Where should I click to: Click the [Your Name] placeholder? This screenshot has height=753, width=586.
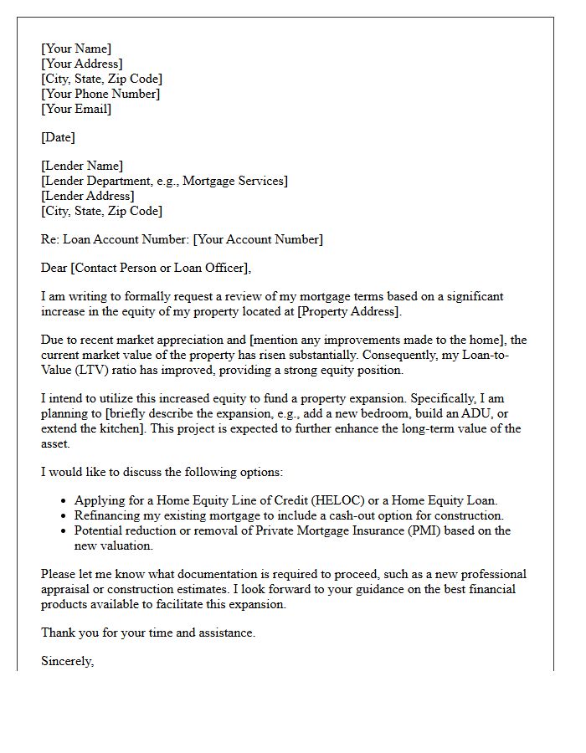tap(76, 49)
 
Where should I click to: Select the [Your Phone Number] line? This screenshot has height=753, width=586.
tap(100, 94)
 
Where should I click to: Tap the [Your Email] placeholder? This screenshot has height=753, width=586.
tap(76, 109)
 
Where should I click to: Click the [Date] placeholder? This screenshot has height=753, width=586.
tap(58, 137)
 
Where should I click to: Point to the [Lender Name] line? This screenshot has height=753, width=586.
tap(82, 166)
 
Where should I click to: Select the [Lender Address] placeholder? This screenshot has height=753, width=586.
tap(88, 196)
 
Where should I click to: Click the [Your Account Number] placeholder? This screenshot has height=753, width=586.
tap(258, 239)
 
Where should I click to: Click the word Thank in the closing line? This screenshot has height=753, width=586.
tap(58, 633)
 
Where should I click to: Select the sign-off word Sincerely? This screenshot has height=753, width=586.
tap(67, 661)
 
